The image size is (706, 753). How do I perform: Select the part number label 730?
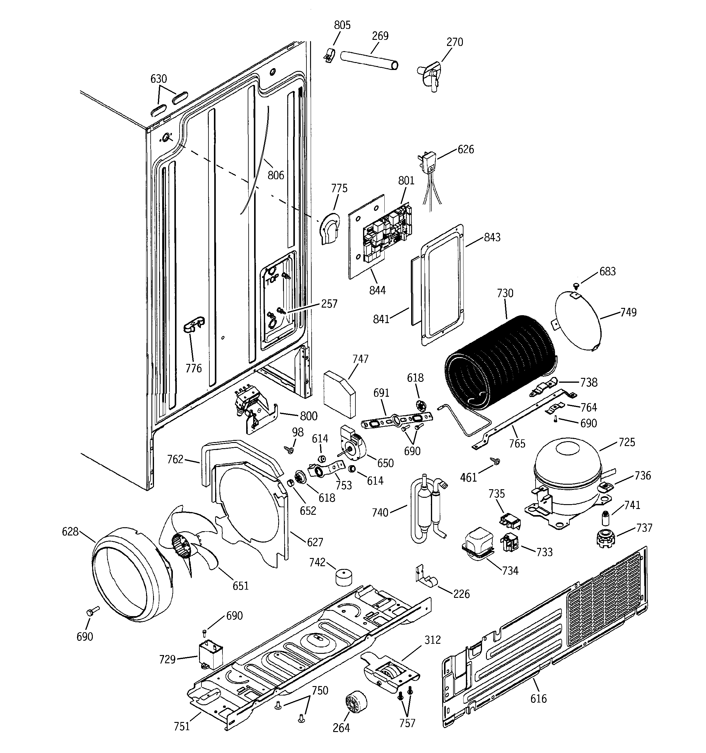pyautogui.click(x=505, y=293)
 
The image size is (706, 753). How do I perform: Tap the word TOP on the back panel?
pyautogui.click(x=272, y=281)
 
